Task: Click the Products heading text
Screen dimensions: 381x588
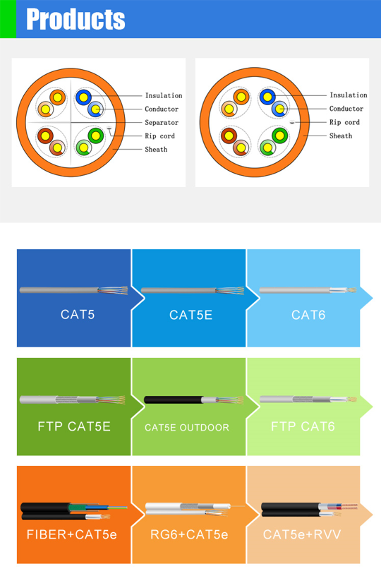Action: [75, 19]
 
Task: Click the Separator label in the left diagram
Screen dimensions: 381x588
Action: [162, 122]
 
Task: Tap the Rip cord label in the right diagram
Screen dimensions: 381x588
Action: [344, 122]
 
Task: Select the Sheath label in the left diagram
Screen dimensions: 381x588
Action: [156, 149]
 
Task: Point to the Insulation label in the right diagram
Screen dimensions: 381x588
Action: [349, 95]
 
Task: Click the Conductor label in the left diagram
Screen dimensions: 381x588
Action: [162, 109]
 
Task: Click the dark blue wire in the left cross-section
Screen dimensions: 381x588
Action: [83, 97]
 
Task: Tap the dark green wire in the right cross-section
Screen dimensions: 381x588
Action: [279, 136]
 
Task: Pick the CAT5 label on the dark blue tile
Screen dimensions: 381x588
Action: [78, 314]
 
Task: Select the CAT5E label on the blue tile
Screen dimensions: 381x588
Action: [191, 315]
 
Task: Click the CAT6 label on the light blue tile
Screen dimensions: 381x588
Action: [308, 315]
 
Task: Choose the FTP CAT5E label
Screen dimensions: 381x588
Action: [74, 426]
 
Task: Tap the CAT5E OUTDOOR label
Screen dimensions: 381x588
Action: [187, 427]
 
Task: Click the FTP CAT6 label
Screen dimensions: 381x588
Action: [303, 426]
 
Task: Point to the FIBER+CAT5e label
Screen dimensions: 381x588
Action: [72, 534]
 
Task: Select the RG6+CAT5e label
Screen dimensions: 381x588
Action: [189, 534]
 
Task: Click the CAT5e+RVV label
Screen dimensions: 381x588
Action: [302, 534]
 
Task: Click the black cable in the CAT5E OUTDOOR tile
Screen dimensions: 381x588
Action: [174, 400]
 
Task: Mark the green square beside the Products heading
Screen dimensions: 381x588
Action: [8, 19]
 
